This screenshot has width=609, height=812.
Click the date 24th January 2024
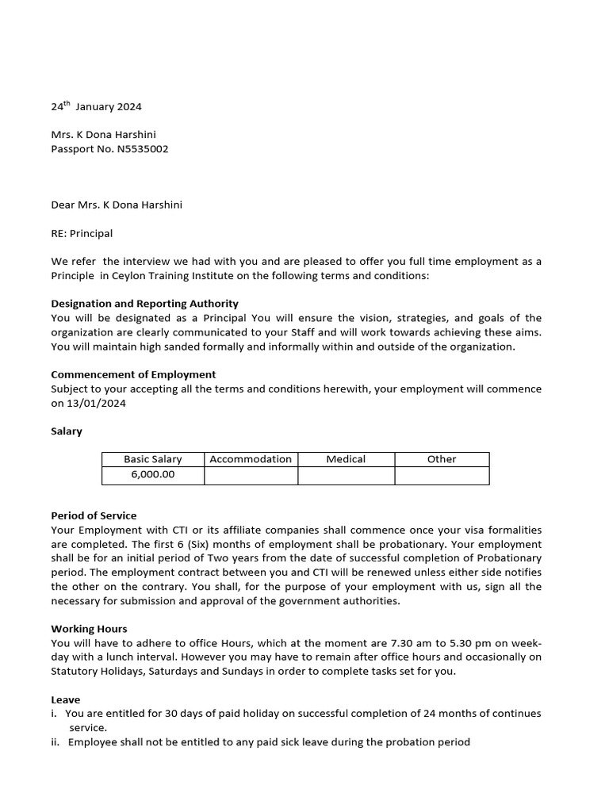pos(97,106)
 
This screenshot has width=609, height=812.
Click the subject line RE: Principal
pos(82,233)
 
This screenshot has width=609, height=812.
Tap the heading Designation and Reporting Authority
pos(144,304)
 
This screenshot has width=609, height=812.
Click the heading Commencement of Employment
pos(133,374)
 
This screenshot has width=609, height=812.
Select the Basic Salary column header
pos(152,459)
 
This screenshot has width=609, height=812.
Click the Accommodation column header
pos(251,459)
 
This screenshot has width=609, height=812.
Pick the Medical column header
pos(346,459)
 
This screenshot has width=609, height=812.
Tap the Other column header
pos(442,459)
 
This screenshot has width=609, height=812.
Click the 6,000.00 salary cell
pos(152,475)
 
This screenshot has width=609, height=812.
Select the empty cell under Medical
pos(346,475)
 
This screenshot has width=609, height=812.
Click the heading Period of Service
pos(94,515)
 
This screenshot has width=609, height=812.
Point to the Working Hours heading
pos(89,629)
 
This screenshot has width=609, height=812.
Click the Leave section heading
pos(65,700)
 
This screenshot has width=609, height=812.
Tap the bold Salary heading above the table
pos(67,431)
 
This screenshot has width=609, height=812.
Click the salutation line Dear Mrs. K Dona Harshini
pos(117,205)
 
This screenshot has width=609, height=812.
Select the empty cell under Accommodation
pos(251,475)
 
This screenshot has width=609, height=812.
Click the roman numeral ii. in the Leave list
pos(56,742)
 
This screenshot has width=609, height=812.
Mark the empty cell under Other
pos(442,475)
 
